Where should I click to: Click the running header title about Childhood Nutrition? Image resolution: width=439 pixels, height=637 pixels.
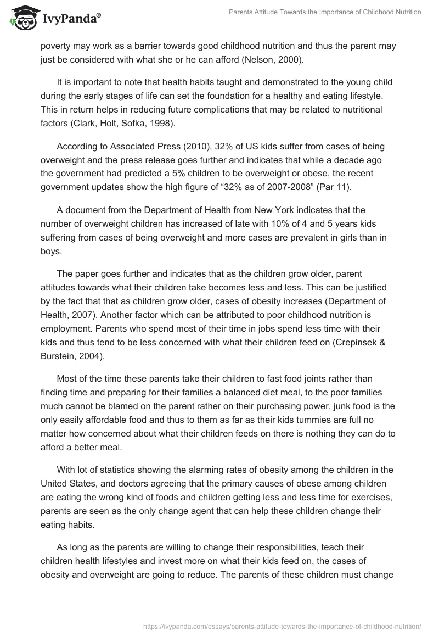click(x=325, y=12)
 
